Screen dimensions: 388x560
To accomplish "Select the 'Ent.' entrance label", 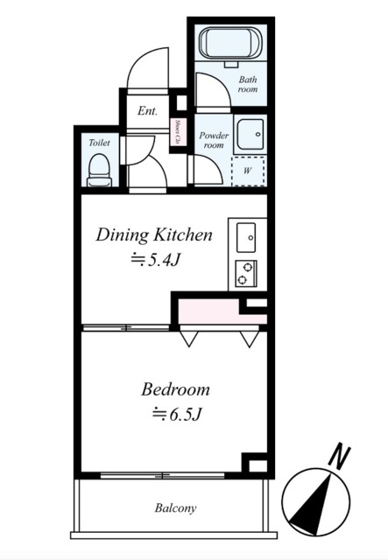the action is [x=147, y=111].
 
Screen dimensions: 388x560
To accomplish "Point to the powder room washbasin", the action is [x=250, y=135].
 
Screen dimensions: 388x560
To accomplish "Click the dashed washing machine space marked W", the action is [x=248, y=171].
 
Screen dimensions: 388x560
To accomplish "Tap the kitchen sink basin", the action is [x=246, y=237].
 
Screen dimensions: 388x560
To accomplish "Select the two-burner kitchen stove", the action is [x=246, y=274].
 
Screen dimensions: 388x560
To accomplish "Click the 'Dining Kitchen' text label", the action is [x=154, y=235].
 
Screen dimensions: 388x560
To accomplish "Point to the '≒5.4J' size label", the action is [x=155, y=261].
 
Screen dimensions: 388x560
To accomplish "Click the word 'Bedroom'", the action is [x=175, y=389].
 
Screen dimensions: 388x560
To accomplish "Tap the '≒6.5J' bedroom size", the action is [x=176, y=414].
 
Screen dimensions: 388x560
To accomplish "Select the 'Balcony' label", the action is [x=175, y=507].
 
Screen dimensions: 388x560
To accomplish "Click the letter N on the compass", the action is [x=339, y=456].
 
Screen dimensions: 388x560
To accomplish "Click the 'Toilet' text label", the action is [x=99, y=143].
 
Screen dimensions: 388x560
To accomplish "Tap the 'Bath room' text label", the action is [x=248, y=84].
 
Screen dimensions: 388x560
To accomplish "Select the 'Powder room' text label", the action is [x=214, y=140].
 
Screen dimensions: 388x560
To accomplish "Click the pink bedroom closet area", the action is [x=222, y=311].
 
